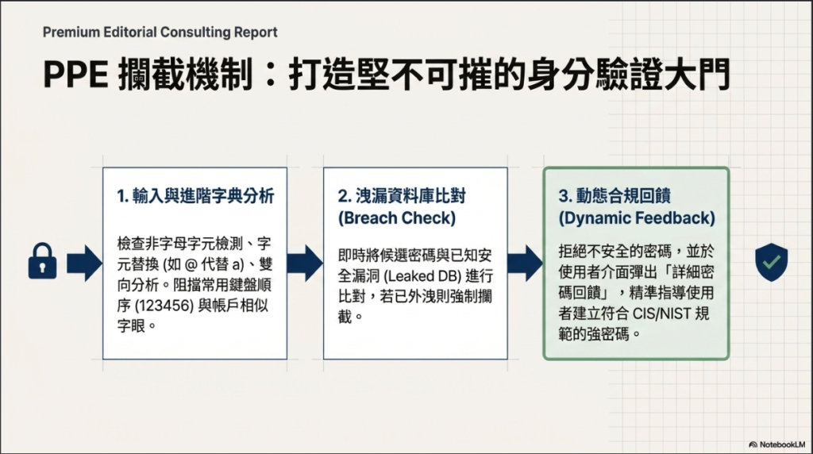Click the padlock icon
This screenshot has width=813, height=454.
[x=43, y=261]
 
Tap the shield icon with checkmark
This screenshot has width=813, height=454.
[x=771, y=262]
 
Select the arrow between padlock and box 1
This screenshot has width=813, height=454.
[x=84, y=264]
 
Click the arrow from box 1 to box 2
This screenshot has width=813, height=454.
[x=305, y=264]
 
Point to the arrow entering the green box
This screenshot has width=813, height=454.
[x=526, y=264]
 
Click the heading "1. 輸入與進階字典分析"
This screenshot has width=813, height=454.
[x=195, y=196]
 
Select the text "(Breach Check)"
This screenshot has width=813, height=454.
[x=397, y=218]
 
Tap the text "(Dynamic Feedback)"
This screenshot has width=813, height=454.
[x=637, y=218]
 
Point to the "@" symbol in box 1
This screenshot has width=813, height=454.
[x=191, y=264]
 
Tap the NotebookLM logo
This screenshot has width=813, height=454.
[x=776, y=444]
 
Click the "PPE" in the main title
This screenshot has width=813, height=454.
[x=75, y=75]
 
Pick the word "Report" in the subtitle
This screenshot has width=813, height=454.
[x=256, y=32]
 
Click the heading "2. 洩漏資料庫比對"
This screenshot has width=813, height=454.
[x=402, y=196]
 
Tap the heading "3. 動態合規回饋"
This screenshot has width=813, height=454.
[x=615, y=196]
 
